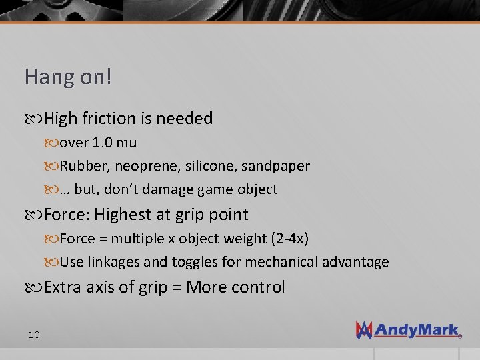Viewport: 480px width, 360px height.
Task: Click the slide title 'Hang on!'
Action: click(x=68, y=77)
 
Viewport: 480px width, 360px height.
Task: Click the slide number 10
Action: click(x=34, y=334)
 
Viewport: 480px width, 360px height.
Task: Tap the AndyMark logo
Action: click(x=407, y=329)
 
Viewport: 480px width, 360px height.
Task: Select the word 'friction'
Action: click(x=109, y=119)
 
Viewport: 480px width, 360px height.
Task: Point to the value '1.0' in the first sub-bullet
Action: click(x=103, y=143)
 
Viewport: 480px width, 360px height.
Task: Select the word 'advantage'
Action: click(x=355, y=263)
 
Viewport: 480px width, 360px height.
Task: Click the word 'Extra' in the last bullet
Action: click(x=64, y=287)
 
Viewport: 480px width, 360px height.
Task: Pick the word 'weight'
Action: click(x=243, y=239)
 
